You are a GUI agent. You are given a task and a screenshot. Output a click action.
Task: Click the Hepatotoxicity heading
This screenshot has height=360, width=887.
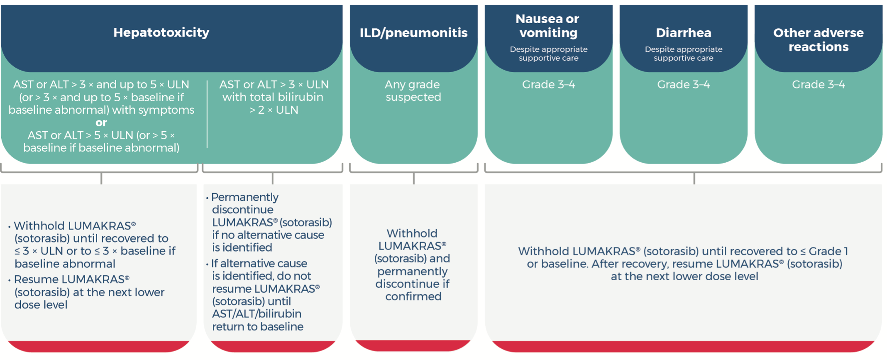click(161, 32)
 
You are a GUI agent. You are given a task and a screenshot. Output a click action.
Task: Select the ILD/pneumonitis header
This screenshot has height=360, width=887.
click(413, 33)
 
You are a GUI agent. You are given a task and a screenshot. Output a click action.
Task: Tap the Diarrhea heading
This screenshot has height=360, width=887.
click(683, 33)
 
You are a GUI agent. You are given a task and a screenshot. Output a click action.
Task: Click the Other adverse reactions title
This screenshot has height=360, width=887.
click(818, 39)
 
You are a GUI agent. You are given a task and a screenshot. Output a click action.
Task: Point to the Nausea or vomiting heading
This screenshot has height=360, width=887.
click(548, 26)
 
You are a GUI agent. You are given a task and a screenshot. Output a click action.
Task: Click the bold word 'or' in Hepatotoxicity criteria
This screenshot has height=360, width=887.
click(101, 122)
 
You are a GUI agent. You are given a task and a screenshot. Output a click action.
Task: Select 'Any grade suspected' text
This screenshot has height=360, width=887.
click(413, 91)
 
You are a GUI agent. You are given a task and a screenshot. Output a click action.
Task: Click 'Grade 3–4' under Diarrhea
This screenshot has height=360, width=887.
click(683, 85)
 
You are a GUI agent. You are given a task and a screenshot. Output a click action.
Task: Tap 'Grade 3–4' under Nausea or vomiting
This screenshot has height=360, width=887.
click(548, 85)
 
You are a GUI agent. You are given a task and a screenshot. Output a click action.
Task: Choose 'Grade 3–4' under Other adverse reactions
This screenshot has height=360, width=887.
click(818, 85)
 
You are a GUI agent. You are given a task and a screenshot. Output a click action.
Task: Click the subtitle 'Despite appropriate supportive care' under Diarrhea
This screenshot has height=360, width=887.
click(683, 54)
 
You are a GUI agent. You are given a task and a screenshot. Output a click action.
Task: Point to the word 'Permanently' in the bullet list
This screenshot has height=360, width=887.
click(244, 197)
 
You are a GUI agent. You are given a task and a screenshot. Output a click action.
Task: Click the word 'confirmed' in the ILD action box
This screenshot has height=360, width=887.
click(413, 296)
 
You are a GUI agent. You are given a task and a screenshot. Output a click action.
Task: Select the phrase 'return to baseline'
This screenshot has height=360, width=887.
click(257, 327)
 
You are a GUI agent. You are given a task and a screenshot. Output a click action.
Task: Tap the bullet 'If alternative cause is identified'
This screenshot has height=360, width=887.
click(259, 264)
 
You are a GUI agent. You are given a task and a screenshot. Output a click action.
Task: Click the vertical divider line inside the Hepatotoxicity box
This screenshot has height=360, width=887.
click(207, 114)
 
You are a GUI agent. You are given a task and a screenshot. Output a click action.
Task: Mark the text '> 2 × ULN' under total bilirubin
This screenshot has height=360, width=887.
click(274, 110)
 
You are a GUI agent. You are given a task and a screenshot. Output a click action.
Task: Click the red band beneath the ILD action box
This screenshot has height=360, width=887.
click(413, 345)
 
